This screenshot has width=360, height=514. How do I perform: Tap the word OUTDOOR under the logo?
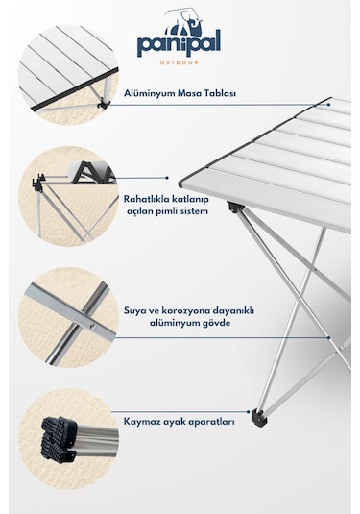[180, 65]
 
